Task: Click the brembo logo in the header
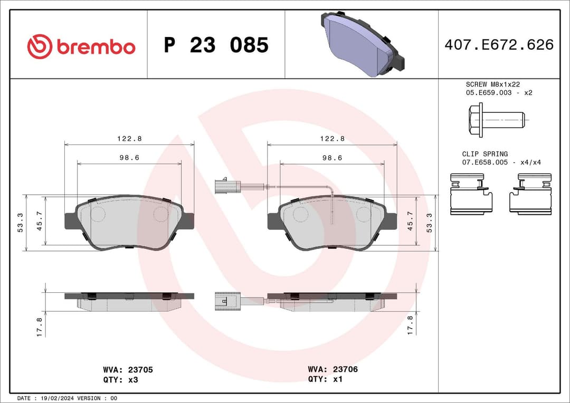point(81,46)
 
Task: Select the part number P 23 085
point(216,45)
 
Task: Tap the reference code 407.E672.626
point(499,45)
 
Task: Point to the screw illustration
point(496,120)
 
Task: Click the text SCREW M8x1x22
point(493,84)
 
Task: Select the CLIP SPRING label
point(485,154)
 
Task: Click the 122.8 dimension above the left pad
point(129,139)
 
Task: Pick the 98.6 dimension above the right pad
point(332,158)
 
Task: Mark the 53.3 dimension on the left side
point(20,222)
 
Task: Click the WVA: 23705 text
point(128,370)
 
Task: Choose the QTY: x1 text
point(325,379)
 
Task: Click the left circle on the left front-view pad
point(98,214)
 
